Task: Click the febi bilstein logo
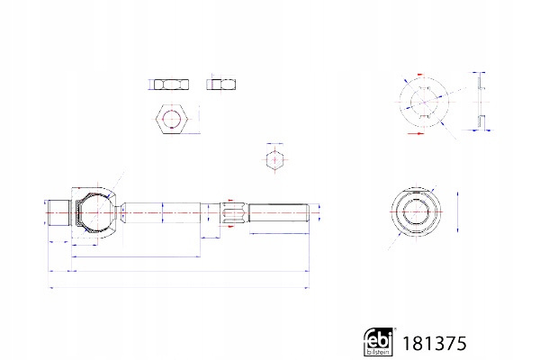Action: coord(378,341)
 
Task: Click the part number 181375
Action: coord(435,344)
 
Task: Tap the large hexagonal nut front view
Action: coord(172,119)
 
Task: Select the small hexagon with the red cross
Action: coord(274,159)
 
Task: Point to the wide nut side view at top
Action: coord(171,85)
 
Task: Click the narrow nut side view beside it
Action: coord(221,85)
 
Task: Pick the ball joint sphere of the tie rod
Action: coord(96,212)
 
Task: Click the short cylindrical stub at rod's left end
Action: coord(58,212)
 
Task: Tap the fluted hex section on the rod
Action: coord(234,212)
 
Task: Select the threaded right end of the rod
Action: coord(279,213)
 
